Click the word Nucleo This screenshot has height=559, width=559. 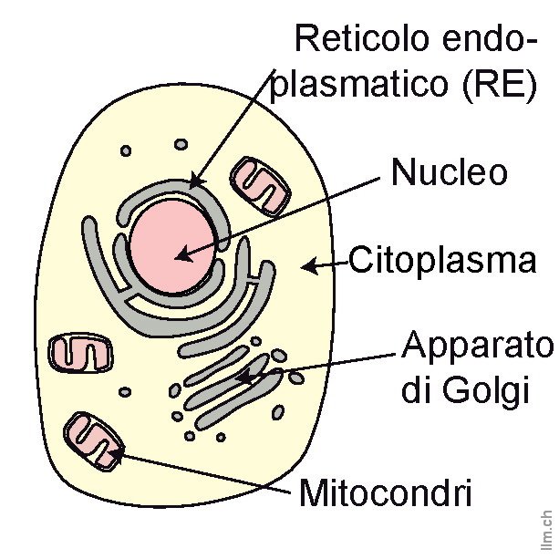(449, 173)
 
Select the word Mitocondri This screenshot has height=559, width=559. (386, 494)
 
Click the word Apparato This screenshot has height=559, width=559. (478, 347)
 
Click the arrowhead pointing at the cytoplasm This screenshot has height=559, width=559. (310, 265)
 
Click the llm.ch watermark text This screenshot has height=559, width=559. (546, 529)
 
